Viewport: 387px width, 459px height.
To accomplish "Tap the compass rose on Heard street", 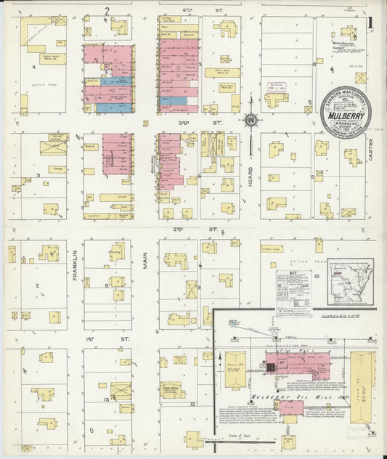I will point(251,119).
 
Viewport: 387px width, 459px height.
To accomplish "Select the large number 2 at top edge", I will point(106,9).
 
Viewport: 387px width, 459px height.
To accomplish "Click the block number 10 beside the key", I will point(317,276).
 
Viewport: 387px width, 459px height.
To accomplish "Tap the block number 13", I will point(107,399).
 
